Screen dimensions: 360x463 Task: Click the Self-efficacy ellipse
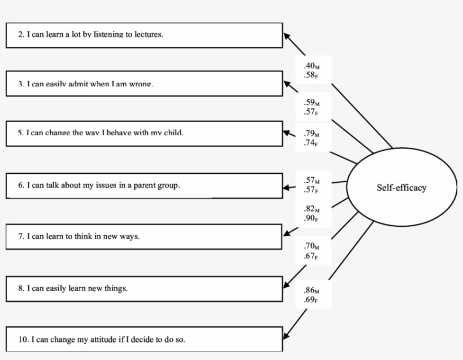[401, 188]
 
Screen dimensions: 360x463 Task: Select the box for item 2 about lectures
[144, 35]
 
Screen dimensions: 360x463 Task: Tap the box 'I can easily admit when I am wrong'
[144, 84]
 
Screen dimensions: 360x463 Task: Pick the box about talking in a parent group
[144, 186]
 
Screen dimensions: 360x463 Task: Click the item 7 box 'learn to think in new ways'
[144, 237]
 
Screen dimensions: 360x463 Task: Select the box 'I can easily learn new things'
[144, 288]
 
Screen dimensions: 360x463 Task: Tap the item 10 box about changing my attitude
[144, 340]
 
